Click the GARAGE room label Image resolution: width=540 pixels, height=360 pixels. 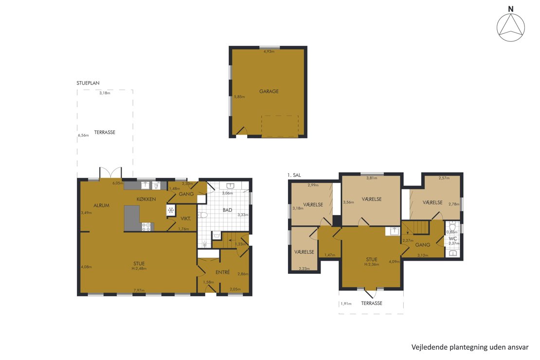tap(269, 91)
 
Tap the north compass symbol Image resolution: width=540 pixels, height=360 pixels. tap(511, 24)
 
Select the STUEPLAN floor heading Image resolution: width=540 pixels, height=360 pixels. tap(88, 83)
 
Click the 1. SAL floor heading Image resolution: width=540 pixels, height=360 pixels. tap(294, 175)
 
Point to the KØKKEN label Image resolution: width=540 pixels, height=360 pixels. tap(146, 199)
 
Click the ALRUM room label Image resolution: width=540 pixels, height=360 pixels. tap(101, 205)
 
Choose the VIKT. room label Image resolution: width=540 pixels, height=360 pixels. tap(186, 218)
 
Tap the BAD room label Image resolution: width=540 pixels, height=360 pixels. tap(227, 210)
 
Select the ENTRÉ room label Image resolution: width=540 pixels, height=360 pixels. tap(222, 272)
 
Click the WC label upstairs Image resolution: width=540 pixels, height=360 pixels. tap(453, 238)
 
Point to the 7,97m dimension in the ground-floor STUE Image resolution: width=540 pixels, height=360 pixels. tap(139, 290)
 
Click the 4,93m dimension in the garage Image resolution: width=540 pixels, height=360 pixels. tap(269, 52)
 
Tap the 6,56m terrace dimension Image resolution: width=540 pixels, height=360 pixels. tap(83, 135)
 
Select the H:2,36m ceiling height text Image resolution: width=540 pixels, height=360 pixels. tap(372, 265)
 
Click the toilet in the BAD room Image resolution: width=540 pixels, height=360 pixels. tap(203, 216)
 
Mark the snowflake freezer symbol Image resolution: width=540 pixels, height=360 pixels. tap(170, 210)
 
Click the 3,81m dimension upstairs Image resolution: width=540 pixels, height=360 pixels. tap(372, 178)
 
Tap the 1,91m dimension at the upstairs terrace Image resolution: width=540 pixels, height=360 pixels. tap(346, 304)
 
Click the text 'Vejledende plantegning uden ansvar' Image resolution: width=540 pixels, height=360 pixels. tap(470, 347)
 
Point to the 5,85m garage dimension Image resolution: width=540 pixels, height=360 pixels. tap(239, 97)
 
